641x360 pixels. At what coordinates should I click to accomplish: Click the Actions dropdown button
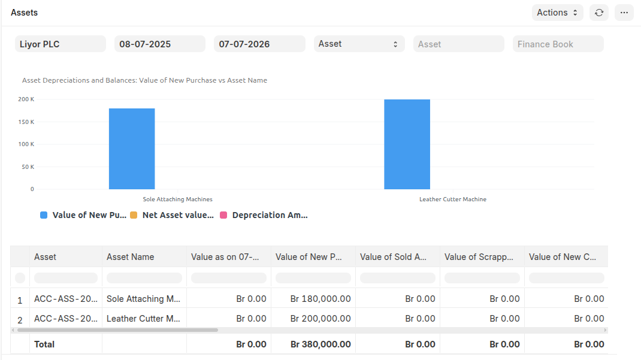(557, 13)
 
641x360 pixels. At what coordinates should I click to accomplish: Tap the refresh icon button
(598, 13)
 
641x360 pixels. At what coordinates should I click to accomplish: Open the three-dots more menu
(624, 13)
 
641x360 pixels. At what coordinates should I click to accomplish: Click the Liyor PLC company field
(60, 44)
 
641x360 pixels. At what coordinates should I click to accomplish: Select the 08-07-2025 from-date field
(159, 44)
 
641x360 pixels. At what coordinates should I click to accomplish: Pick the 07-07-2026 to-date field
(259, 44)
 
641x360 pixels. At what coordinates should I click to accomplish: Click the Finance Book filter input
(558, 44)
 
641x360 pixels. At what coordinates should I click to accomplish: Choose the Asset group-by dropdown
(358, 44)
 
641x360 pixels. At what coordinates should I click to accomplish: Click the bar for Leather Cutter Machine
(407, 144)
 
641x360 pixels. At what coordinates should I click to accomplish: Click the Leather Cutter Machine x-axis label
(452, 199)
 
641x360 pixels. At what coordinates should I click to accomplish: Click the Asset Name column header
(130, 257)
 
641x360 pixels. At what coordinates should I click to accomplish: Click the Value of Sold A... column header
(394, 257)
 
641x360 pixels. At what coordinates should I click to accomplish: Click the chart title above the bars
(144, 80)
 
